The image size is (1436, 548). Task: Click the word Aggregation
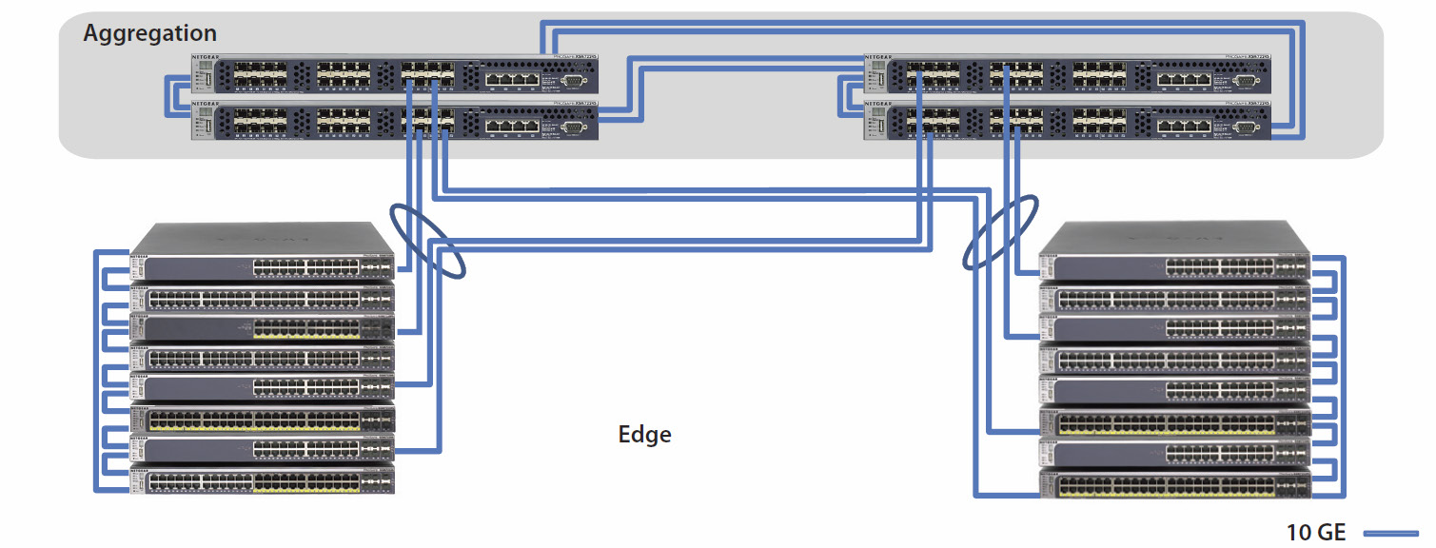pos(150,33)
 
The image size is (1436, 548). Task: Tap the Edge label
pos(644,435)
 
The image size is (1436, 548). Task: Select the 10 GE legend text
pos(1317,532)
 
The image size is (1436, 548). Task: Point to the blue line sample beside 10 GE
pos(1392,533)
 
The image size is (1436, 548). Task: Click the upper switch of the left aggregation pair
pos(394,75)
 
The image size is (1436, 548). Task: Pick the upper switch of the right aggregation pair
pos(1067,75)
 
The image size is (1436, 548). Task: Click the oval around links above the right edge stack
pos(999,232)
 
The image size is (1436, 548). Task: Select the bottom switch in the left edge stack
pos(262,481)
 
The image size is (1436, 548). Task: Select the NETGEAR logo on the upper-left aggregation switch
pos(207,58)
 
